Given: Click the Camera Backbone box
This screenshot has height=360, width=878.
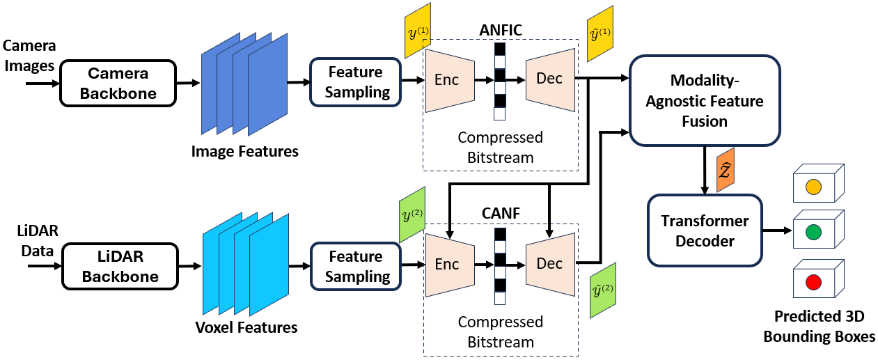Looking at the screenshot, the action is point(118,83).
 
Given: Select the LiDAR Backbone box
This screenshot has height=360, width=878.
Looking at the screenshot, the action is point(120,266).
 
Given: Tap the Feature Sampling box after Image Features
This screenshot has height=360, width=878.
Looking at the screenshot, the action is point(356,82).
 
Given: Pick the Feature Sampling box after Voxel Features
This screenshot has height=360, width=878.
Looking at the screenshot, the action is point(356,266).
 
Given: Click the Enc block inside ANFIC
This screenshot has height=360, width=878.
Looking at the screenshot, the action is point(450,80).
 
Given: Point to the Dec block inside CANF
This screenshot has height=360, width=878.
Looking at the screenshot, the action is point(550,265).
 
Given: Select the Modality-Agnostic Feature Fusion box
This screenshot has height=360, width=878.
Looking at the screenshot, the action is point(705,100).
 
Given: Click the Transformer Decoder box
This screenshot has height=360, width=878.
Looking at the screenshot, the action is point(705,230).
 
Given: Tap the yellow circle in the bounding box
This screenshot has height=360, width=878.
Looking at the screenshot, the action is point(813,187).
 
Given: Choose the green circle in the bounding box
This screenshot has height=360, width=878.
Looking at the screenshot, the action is point(813,232).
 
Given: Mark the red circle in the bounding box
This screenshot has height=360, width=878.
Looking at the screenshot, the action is point(813,282).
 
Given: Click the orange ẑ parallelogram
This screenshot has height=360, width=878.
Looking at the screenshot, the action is point(726,170).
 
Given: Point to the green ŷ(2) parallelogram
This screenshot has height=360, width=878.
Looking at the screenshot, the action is point(603,290).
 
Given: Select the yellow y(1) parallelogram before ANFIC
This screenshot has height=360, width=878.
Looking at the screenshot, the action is point(418,31).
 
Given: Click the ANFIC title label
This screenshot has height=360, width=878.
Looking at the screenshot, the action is point(501,30).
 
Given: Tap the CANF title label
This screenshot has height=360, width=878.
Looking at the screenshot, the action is point(501,213).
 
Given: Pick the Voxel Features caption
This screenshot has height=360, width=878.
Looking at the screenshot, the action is point(246,327).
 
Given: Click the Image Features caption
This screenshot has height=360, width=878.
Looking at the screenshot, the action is point(244,151).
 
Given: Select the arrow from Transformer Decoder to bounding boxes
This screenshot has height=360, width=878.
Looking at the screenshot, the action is point(777,230).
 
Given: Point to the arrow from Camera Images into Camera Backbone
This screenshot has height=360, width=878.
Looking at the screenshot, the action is point(42,84).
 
